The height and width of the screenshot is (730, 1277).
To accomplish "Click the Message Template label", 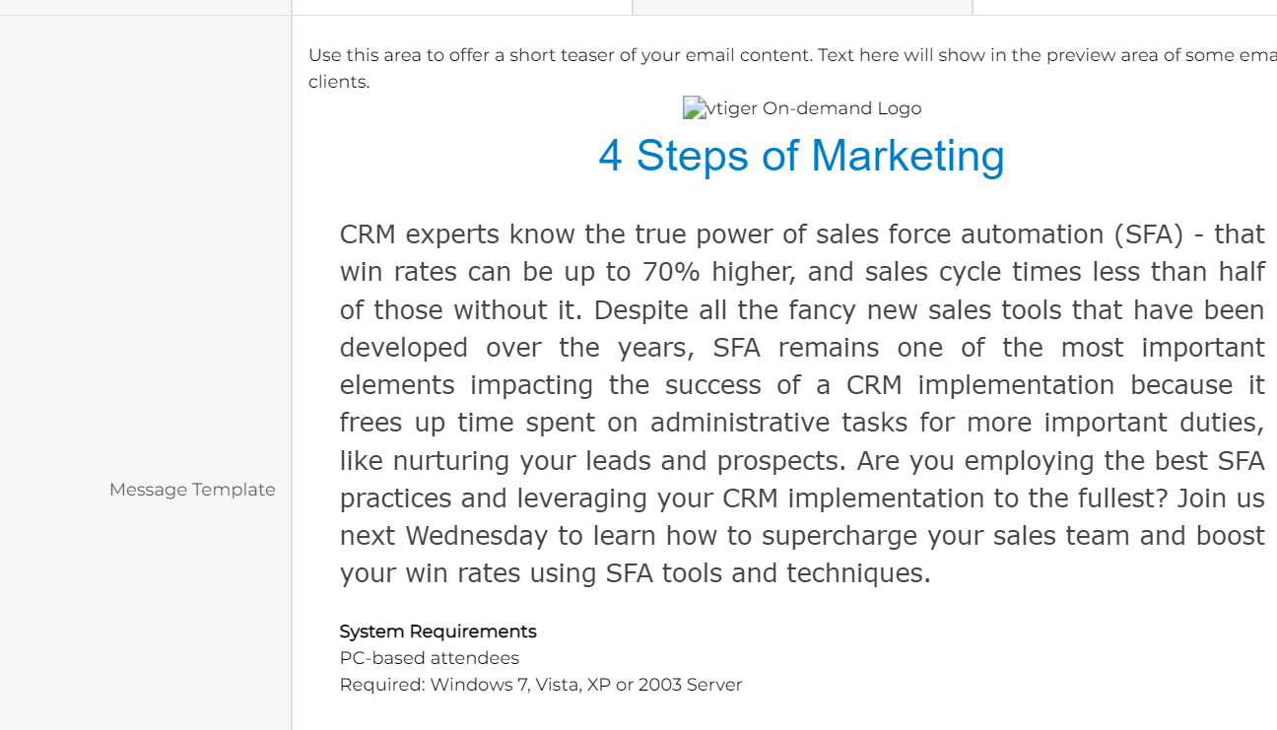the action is coord(192,490).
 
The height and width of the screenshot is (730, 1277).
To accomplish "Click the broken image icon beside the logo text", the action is coord(695,107).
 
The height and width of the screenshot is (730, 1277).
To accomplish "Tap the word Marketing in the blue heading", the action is coord(907,156).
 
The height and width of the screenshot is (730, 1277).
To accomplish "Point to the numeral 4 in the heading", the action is coord(609,156).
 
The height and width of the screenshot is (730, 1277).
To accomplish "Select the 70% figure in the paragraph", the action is coord(671,272).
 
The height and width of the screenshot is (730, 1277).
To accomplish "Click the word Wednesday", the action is coord(477,536).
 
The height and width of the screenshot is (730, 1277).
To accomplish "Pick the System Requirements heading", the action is coord(437,631).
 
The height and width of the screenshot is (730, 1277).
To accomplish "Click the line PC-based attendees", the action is coord(430,658).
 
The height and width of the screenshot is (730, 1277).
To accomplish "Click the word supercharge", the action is coord(840,536).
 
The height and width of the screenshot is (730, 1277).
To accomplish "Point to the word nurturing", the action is coord(451,461).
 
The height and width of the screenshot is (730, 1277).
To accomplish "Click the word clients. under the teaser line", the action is coord(339,82).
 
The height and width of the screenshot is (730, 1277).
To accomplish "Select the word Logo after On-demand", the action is coord(900,108).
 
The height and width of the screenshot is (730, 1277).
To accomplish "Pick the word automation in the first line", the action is coord(1033,234).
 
